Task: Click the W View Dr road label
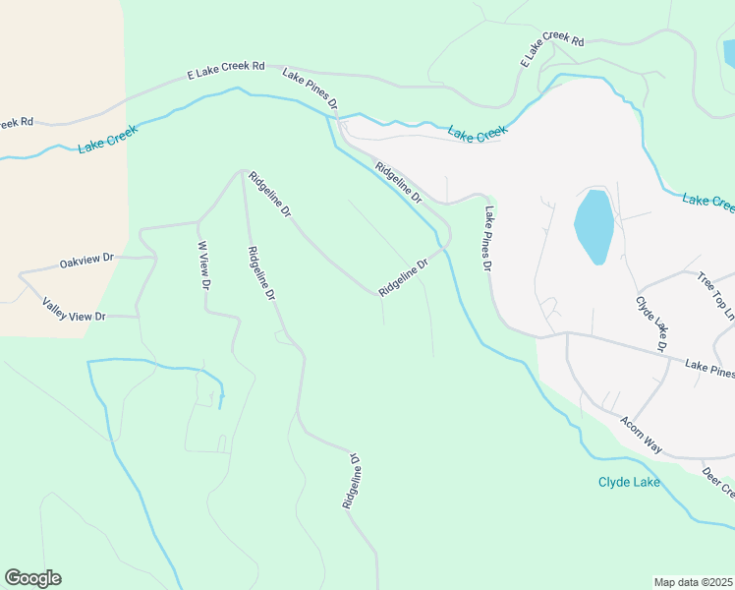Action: [x=204, y=265]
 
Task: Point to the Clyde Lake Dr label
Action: [x=651, y=324]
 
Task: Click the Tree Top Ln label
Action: [x=714, y=296]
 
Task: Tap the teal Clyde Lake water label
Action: [x=629, y=482]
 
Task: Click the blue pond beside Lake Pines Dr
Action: [x=594, y=226]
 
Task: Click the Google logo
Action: [x=32, y=577]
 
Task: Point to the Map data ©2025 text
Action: [x=693, y=581]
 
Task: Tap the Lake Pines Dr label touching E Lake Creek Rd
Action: [x=311, y=88]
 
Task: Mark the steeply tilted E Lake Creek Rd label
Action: [x=551, y=49]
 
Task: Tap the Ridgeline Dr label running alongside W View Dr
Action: [x=260, y=273]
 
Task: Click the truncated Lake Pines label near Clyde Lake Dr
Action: [x=709, y=368]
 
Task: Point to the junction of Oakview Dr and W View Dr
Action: [x=156, y=257]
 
